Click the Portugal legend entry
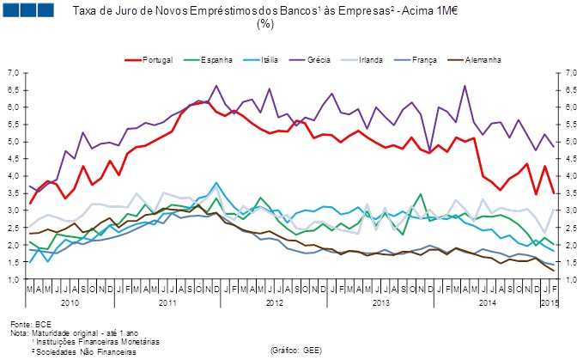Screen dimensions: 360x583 (x=159, y=60)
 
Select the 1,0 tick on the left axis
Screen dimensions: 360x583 (x=15, y=280)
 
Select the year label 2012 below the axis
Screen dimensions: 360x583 (x=274, y=303)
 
